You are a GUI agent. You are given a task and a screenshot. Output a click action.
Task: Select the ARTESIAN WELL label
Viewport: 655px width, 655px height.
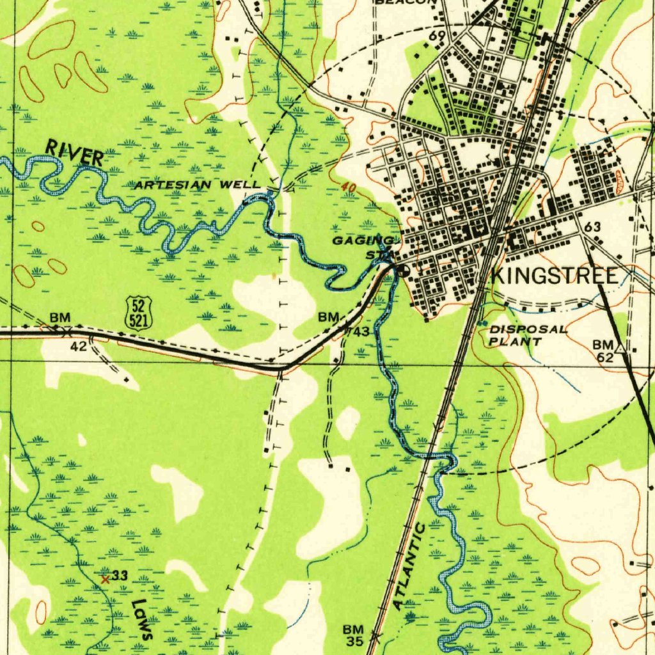coord(197,185)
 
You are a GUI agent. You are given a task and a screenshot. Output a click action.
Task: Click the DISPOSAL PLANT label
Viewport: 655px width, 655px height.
coord(528,335)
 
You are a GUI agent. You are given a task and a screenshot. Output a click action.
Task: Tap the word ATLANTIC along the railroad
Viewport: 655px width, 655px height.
coord(410,566)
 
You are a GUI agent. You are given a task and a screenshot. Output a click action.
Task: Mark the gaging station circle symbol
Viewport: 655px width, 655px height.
coord(404,271)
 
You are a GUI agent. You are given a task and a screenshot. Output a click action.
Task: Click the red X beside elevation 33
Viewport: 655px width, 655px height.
coord(106,580)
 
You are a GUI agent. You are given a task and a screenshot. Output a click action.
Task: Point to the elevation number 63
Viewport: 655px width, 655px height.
coord(592,227)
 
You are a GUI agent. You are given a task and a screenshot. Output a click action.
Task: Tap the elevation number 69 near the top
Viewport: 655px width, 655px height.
coord(437,35)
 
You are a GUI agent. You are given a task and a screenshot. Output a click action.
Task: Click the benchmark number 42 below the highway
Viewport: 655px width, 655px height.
coord(78,346)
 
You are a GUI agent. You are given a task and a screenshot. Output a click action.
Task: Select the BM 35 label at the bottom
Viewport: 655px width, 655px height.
coord(352,635)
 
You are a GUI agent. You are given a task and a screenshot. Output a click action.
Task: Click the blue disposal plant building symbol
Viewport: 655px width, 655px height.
coord(481,324)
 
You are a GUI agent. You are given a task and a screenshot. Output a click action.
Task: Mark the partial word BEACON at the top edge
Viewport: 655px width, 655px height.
coord(405,3)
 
